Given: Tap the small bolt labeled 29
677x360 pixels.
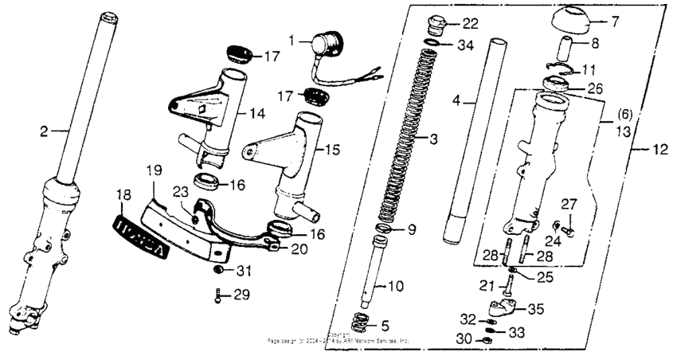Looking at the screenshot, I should click(x=216, y=295).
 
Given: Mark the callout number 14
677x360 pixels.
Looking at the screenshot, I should click(x=256, y=114).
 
